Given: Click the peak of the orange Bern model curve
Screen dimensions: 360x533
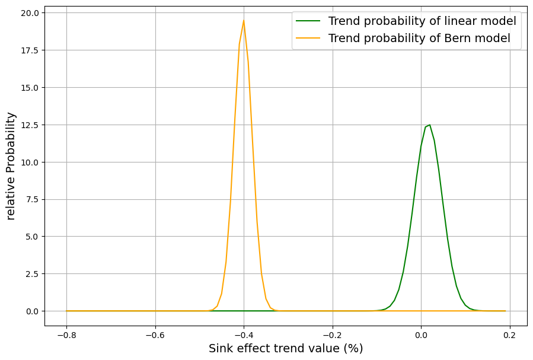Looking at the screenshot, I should (244, 21).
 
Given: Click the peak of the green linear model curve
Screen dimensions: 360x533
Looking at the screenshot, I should (429, 125).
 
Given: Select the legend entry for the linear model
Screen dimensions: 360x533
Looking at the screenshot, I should (422, 21).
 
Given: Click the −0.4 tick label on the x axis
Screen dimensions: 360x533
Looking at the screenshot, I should (244, 335).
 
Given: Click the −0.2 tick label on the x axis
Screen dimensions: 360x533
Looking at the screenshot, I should (332, 335).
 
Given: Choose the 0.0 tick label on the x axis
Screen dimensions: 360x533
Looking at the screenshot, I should (421, 335).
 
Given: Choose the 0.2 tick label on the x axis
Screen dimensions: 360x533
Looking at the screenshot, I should (509, 335).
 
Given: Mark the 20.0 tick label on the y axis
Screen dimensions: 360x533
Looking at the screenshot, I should (30, 13).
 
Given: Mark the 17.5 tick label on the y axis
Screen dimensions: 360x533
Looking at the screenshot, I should (30, 50).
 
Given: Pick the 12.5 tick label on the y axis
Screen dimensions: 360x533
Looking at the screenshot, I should (30, 125).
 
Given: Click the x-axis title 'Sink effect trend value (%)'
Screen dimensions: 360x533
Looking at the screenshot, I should (286, 349).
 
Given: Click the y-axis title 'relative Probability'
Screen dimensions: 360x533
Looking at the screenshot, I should (11, 166).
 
